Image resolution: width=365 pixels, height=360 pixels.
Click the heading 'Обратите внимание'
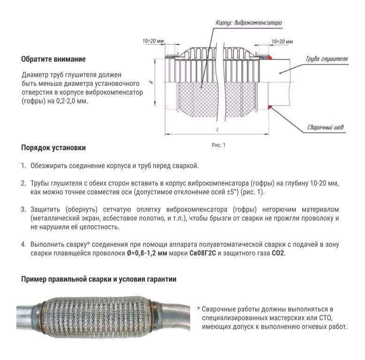pyautogui.click(x=53, y=60)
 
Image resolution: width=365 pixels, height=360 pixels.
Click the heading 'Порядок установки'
pyautogui.click(x=53, y=148)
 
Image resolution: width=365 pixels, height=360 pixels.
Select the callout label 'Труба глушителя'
pyautogui.click(x=326, y=60)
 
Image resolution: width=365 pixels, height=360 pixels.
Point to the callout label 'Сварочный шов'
pyautogui.click(x=321, y=127)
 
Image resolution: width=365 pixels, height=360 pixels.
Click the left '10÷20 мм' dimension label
pyautogui.click(x=153, y=41)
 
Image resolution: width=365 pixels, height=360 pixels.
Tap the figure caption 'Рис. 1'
pyautogui.click(x=219, y=145)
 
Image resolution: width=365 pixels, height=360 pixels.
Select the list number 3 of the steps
pyautogui.click(x=23, y=208)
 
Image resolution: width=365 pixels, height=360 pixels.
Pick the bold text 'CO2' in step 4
pyautogui.click(x=277, y=253)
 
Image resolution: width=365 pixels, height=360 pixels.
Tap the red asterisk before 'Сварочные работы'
pyautogui.click(x=198, y=309)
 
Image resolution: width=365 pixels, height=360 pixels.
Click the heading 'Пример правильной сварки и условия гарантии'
pyautogui.click(x=99, y=280)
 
